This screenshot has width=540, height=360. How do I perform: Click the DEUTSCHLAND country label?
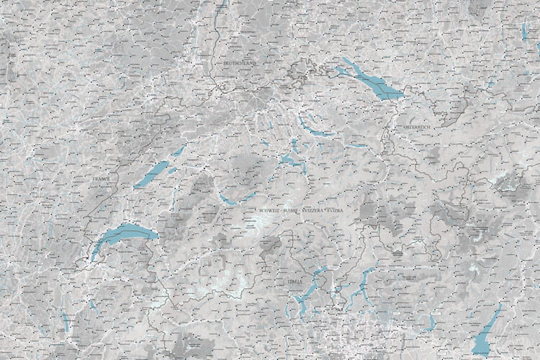click(x=239, y=63)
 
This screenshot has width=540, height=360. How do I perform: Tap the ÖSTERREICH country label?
click(x=416, y=127)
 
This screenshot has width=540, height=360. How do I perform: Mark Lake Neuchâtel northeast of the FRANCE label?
click(x=155, y=172)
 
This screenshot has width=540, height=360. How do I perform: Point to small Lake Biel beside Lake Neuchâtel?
click(x=177, y=152)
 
